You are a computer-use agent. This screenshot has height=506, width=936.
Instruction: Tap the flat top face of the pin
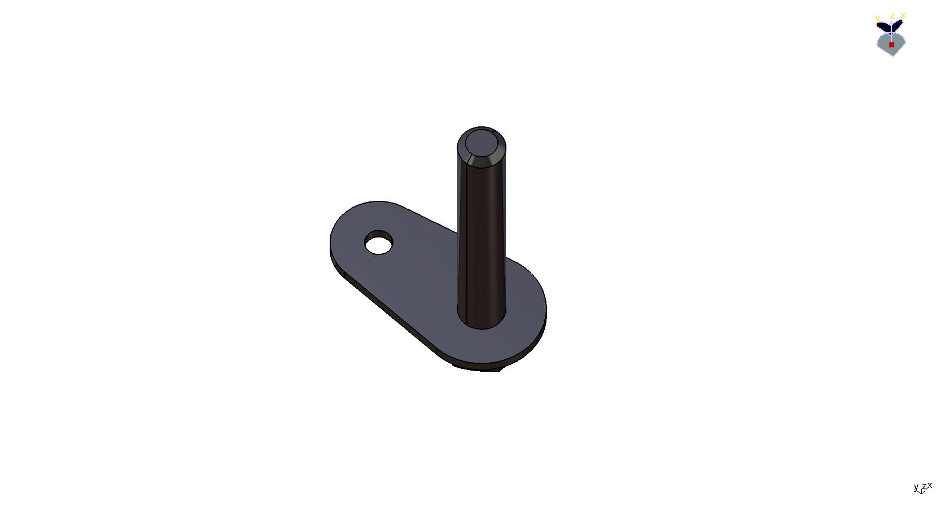(x=482, y=143)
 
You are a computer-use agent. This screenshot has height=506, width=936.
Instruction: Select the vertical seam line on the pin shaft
(x=460, y=234)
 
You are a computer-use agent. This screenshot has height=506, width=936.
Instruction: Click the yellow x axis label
(x=903, y=15)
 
